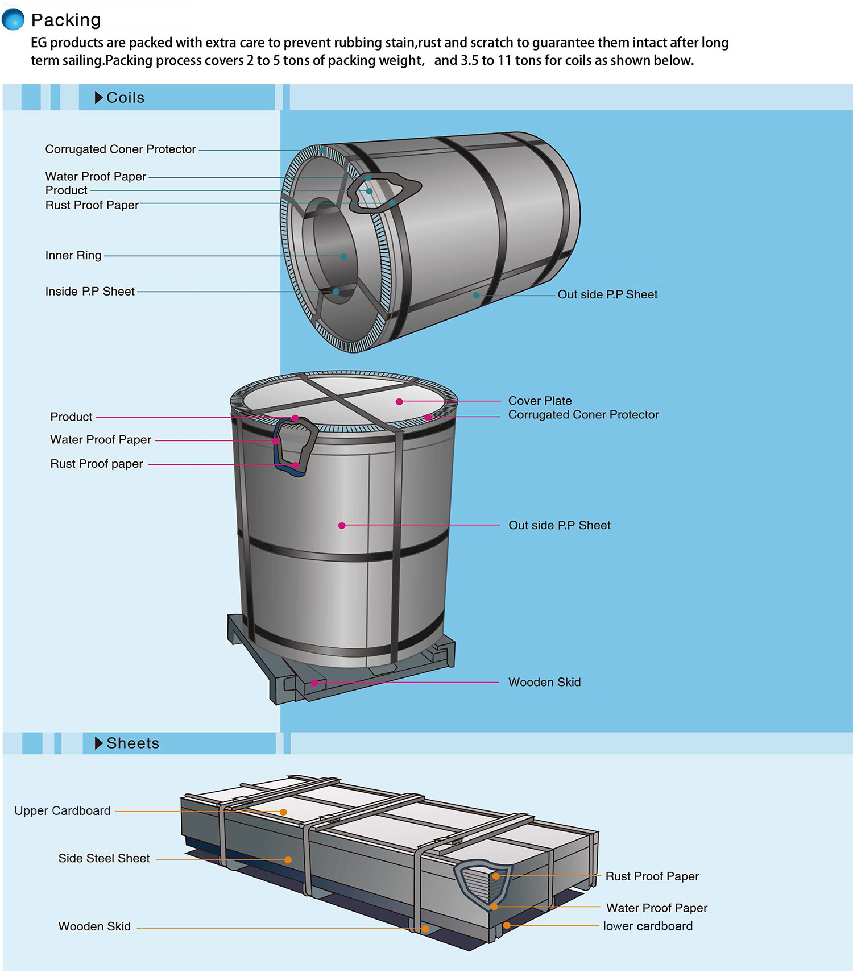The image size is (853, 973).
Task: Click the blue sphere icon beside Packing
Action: click(x=13, y=19)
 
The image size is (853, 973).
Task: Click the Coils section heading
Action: click(x=125, y=98)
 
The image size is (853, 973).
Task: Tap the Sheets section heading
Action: click(x=132, y=743)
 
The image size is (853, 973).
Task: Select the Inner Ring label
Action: click(x=73, y=255)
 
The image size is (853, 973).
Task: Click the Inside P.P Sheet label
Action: click(x=90, y=292)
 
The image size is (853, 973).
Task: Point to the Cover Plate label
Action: click(x=540, y=401)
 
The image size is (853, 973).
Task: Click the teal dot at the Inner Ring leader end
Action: click(x=343, y=257)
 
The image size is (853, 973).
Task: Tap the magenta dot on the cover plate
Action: click(x=400, y=402)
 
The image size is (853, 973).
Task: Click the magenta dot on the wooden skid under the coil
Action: click(x=314, y=683)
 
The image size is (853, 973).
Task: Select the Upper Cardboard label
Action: click(x=63, y=811)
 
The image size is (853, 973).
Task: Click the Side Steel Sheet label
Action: click(x=104, y=858)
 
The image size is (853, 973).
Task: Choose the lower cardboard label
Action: click(x=648, y=926)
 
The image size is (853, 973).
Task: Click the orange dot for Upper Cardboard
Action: click(x=283, y=812)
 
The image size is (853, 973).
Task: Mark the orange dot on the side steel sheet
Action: click(x=288, y=860)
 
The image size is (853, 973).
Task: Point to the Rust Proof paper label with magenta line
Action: click(x=97, y=464)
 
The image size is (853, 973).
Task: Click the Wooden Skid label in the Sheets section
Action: click(x=94, y=926)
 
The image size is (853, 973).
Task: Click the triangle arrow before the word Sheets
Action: click(x=99, y=743)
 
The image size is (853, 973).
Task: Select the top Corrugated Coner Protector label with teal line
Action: click(x=121, y=149)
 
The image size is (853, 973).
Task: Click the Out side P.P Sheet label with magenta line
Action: click(x=560, y=525)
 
